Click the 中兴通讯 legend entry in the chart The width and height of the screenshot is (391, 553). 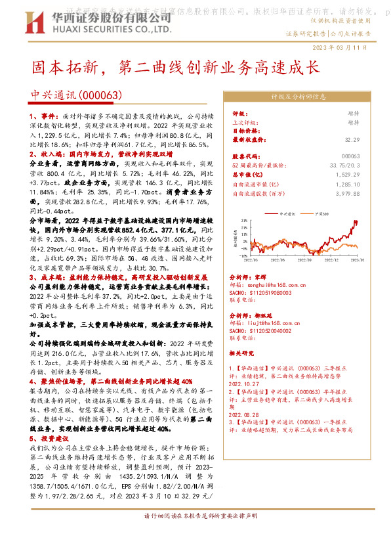287,213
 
